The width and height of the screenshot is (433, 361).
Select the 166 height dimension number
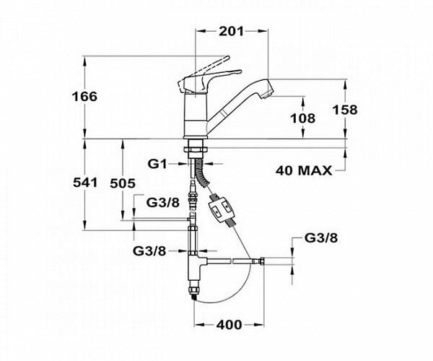(86, 96)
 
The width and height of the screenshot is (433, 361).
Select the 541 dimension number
(86, 183)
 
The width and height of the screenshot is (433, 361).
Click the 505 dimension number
(123, 183)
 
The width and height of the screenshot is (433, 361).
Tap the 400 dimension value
(229, 324)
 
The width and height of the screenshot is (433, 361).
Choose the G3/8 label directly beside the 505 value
(162, 201)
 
